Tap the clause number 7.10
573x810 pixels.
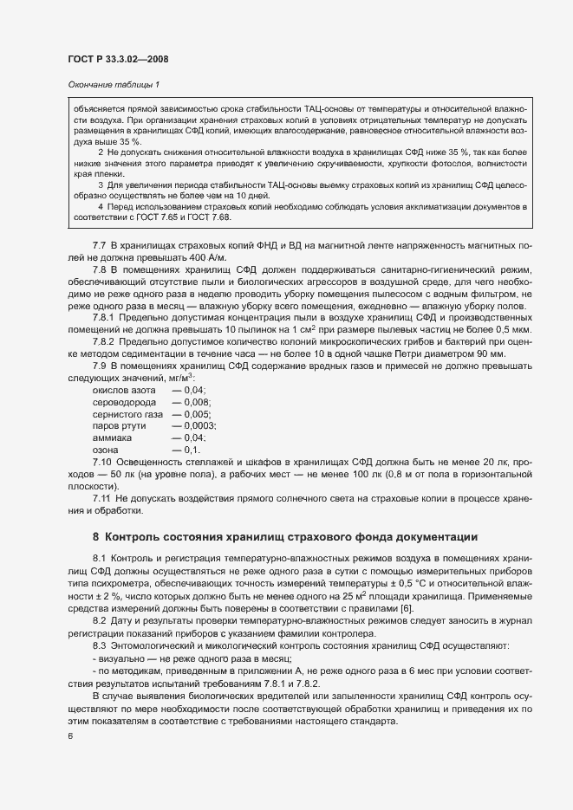tap(103, 462)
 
